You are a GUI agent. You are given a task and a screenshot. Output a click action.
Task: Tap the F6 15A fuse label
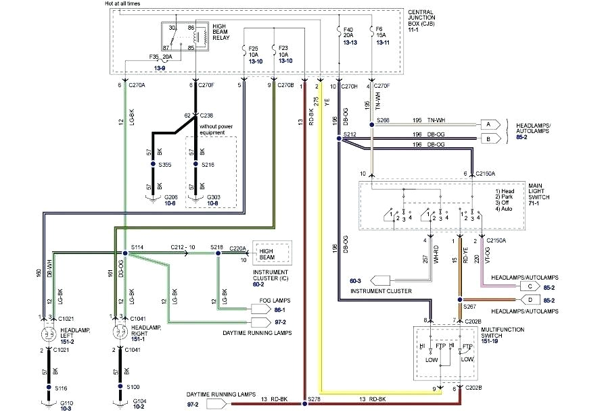pos(381,36)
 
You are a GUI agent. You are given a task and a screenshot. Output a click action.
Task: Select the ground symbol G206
pos(150,199)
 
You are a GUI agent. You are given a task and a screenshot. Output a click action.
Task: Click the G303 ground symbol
pos(196,199)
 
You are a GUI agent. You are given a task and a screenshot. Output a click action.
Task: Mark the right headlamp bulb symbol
pos(120,334)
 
